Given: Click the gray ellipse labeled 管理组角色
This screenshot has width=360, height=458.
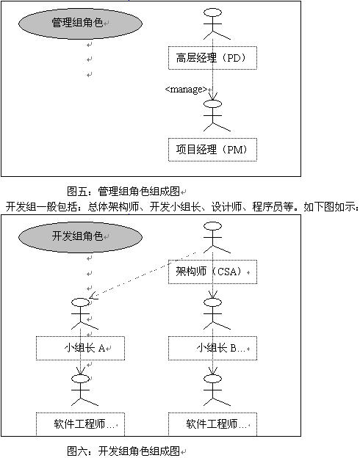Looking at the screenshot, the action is pos(80,23).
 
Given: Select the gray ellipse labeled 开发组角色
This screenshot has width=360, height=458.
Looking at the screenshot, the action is pos(80,237).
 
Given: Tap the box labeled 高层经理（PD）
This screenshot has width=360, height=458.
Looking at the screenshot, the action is pos(212,58).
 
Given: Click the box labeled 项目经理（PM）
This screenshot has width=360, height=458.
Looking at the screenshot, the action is pos(212,150).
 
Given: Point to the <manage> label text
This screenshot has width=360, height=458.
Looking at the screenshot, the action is pos(186,89).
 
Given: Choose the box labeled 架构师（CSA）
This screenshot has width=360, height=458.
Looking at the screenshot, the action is pos(212,272).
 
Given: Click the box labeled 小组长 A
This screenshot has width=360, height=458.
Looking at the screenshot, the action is pos(80,348).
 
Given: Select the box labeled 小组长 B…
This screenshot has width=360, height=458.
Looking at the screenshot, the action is pos(212,348).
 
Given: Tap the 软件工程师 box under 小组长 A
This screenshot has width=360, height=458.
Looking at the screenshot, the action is pos(80,424).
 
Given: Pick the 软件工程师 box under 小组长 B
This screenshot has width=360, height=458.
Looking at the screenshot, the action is pos(212,424).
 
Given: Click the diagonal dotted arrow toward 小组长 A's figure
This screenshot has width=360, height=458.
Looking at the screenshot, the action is pos(142,275).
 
